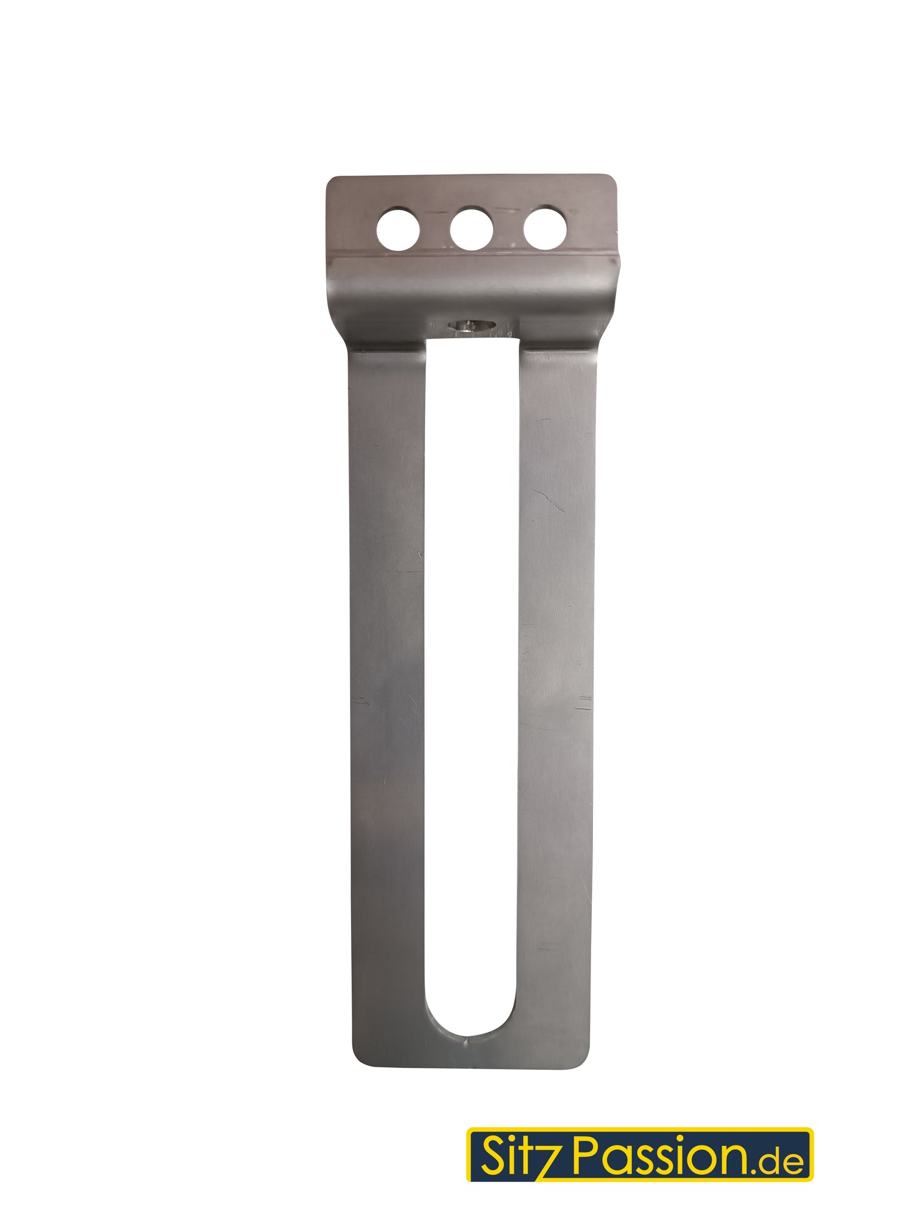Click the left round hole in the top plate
[399, 228]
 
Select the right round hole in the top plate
[545, 228]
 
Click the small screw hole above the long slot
[472, 325]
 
